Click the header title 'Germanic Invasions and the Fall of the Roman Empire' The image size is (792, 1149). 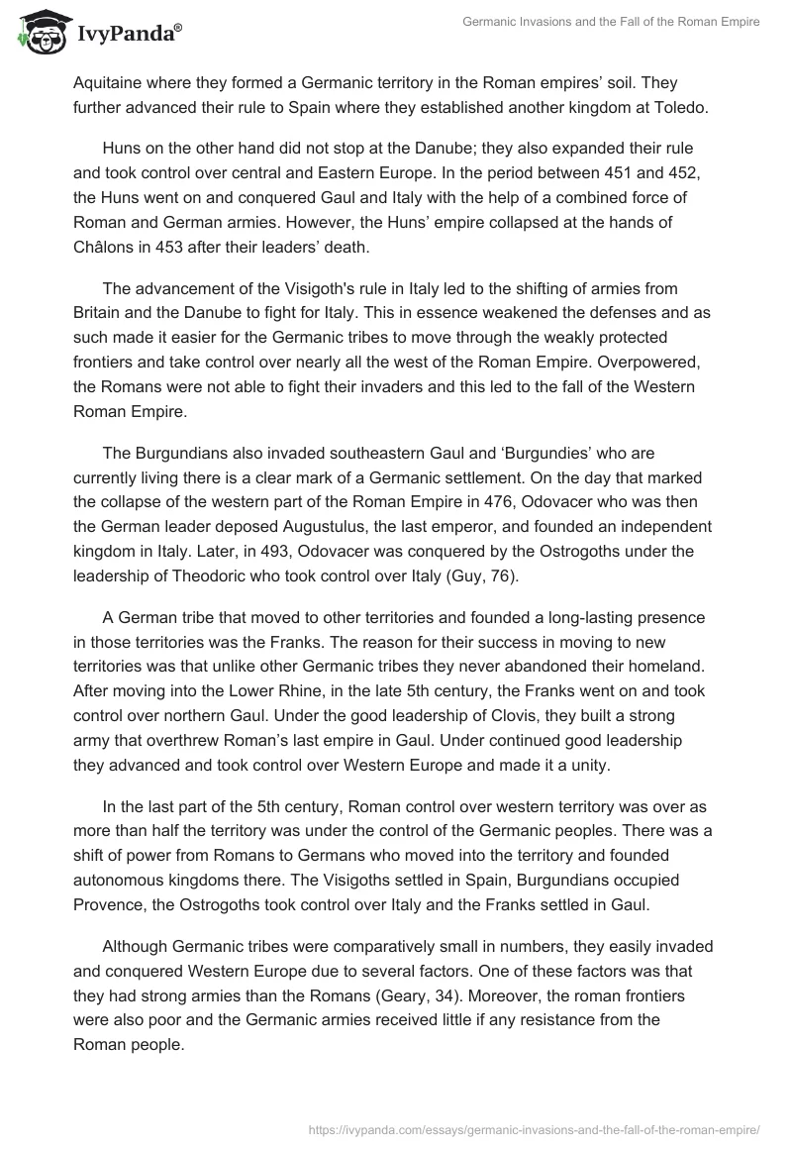coord(611,22)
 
